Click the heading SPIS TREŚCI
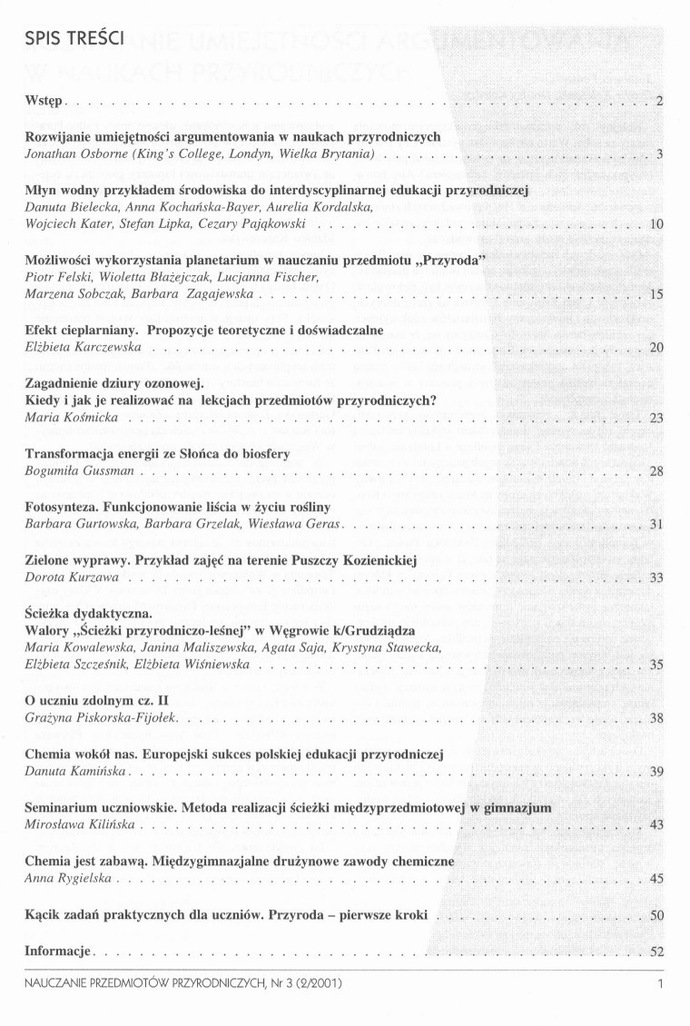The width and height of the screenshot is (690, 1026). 62,41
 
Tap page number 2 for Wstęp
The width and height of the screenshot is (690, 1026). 661,101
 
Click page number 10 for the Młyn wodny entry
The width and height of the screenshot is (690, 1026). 658,223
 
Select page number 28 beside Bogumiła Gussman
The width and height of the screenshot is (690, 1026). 658,471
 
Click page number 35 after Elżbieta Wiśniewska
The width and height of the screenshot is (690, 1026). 658,665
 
